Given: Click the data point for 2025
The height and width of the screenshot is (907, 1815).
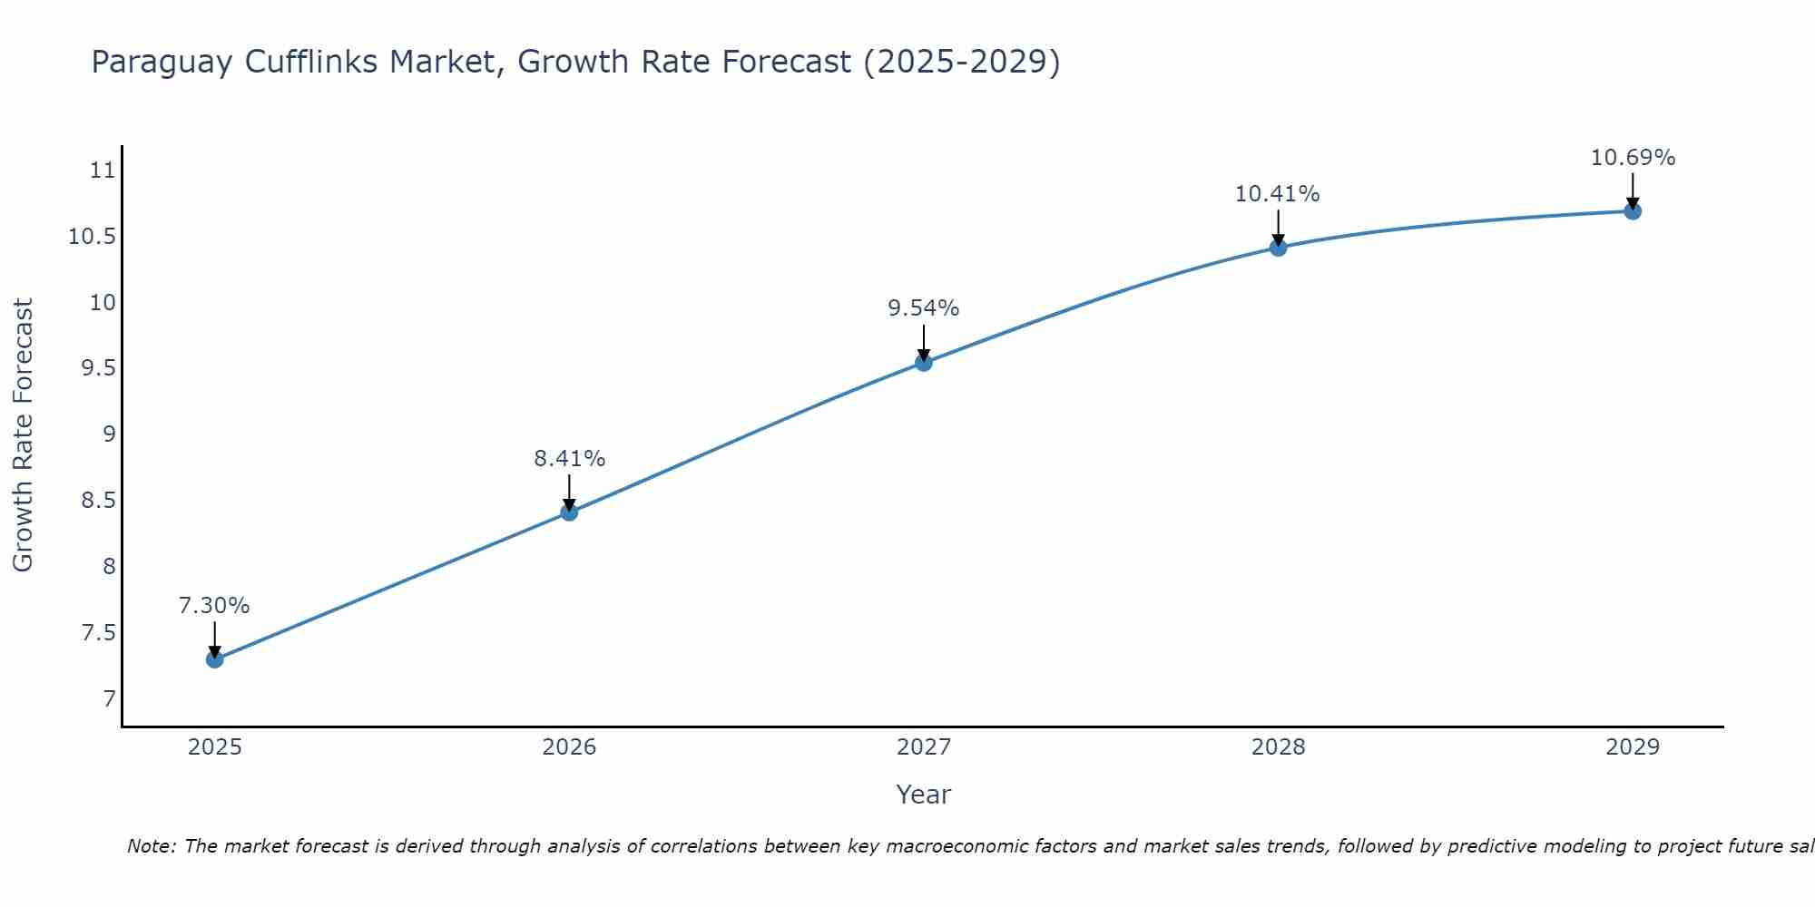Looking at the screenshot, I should (x=215, y=659).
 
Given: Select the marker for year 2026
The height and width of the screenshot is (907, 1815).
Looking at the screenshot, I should (x=569, y=512).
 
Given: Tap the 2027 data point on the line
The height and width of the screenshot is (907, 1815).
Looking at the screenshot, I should (x=924, y=363).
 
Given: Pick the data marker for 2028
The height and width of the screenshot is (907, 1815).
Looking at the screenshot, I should (x=1278, y=248).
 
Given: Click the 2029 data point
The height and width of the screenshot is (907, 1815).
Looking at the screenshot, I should (x=1633, y=211).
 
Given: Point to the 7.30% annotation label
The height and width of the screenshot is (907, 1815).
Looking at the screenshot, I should (x=214, y=606).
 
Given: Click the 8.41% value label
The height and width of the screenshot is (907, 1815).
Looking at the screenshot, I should (x=569, y=459).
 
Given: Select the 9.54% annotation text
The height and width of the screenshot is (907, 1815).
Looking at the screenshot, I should (x=924, y=308).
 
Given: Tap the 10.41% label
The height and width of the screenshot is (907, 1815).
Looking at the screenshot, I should (x=1277, y=194).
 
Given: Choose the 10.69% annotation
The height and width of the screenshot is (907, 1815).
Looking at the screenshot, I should (x=1633, y=158).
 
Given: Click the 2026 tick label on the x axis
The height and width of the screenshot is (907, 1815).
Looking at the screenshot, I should (x=569, y=747).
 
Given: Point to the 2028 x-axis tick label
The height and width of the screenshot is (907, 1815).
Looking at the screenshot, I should (x=1278, y=747).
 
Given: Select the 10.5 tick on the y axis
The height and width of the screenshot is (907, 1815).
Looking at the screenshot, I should (x=93, y=237).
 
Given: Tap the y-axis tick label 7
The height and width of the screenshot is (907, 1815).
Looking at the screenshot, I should (x=110, y=698).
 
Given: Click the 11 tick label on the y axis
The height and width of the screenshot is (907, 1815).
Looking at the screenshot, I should (x=103, y=171).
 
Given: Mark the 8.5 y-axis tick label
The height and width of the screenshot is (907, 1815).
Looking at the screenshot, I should (x=98, y=501).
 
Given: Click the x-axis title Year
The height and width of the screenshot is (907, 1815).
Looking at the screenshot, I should (x=923, y=795).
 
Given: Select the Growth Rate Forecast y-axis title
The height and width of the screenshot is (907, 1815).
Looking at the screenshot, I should (x=23, y=435).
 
